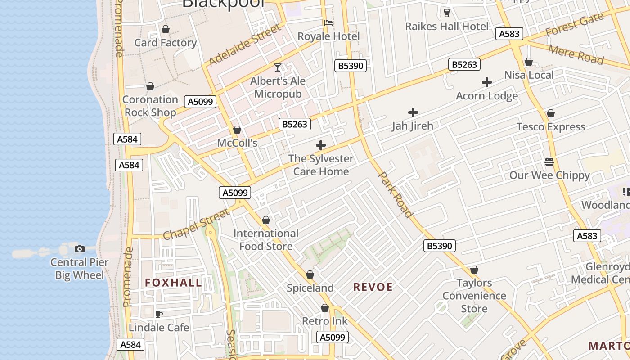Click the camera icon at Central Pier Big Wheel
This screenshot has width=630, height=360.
pyautogui.click(x=80, y=249)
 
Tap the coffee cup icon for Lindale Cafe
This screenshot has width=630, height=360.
pyautogui.click(x=158, y=314)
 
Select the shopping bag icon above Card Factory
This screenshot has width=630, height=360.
pyautogui.click(x=166, y=30)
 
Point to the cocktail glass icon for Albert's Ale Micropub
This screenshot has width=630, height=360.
pyautogui.click(x=278, y=67)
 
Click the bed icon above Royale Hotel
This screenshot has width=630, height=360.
pyautogui.click(x=328, y=23)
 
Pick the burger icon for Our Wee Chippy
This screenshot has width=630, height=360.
pyautogui.click(x=549, y=162)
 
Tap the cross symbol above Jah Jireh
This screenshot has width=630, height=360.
pyautogui.click(x=413, y=112)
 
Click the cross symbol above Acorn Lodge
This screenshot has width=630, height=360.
pyautogui.click(x=486, y=82)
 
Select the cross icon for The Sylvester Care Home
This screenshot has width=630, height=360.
pyautogui.click(x=321, y=145)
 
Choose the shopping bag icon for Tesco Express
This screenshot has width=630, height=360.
pyautogui.click(x=551, y=114)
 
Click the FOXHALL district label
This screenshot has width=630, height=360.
pyautogui.click(x=173, y=283)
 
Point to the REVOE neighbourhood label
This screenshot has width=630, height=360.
pyautogui.click(x=373, y=287)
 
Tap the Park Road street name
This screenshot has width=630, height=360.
pyautogui.click(x=396, y=194)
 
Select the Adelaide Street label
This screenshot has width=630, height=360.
pyautogui.click(x=245, y=45)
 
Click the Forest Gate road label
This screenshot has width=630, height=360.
pyautogui.click(x=574, y=25)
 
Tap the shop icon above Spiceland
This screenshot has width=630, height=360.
pyautogui.click(x=310, y=274)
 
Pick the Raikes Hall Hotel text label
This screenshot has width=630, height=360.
pyautogui.click(x=447, y=27)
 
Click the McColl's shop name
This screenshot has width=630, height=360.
pyautogui.click(x=237, y=143)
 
